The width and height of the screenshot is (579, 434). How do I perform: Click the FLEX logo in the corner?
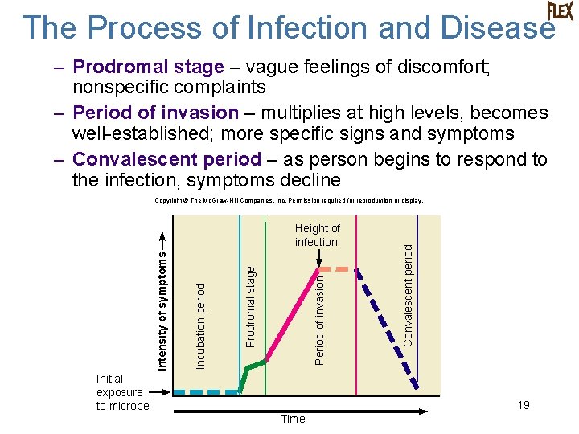point(560,11)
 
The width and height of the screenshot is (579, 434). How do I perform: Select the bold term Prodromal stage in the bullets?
point(148,67)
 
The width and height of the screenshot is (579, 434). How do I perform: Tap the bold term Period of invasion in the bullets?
point(155,113)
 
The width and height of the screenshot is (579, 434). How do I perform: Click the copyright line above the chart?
point(289,200)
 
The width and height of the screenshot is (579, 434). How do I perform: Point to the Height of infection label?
point(317,235)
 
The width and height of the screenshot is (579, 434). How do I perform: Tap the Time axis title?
point(293,419)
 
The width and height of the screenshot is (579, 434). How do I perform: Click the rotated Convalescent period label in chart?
point(409,295)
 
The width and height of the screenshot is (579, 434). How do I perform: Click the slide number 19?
point(524,405)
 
